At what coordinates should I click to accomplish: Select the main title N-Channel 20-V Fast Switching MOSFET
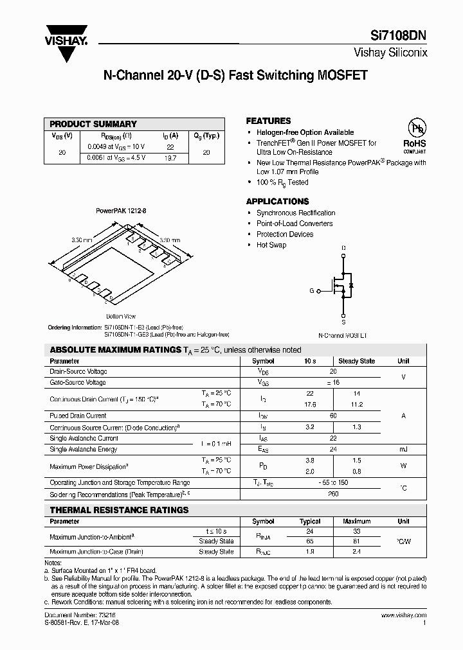pos(235,75)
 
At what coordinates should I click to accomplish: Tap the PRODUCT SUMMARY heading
pos(93,124)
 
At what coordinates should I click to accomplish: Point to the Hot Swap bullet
pos(271,245)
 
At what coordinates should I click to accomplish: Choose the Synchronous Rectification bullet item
pos(295,213)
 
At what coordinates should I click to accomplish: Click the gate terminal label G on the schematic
pos(311,291)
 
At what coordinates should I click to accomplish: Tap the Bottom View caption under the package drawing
pos(120,317)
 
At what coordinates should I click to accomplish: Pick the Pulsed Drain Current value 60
pos(333,416)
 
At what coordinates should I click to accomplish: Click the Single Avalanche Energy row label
pos(83,450)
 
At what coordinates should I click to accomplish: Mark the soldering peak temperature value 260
pos(333,494)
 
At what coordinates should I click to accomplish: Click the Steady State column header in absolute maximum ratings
pos(357,361)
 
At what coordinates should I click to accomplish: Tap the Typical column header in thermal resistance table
pos(310,522)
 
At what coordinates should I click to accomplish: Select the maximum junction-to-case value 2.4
pos(357,551)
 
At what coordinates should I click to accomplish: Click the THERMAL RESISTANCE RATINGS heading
pos(120,510)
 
